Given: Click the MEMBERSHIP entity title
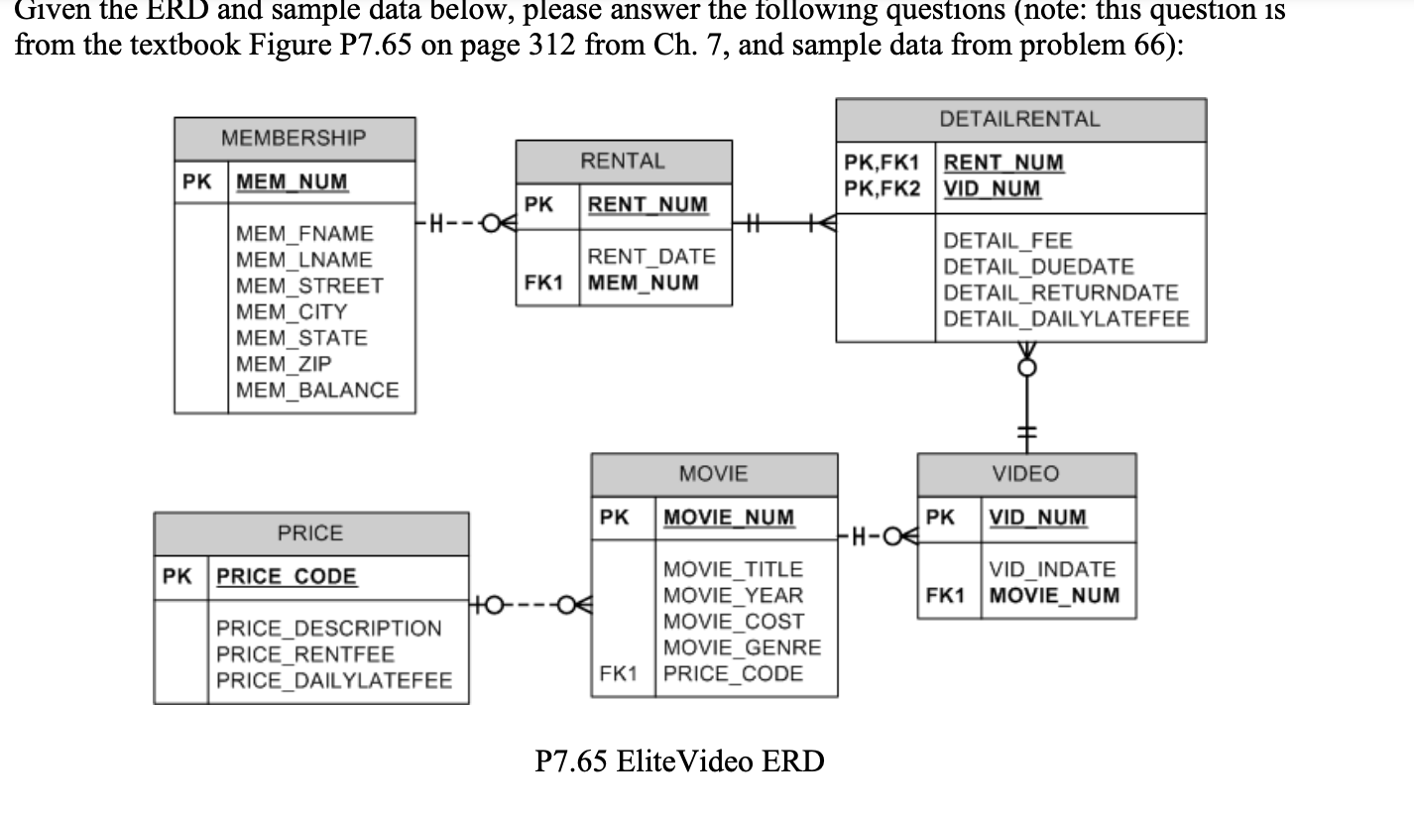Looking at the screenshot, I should coord(294,138).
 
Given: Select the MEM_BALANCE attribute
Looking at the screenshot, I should coord(317,390).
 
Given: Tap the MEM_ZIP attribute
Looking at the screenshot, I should coord(284,364).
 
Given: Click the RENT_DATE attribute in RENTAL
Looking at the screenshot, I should coord(650,257).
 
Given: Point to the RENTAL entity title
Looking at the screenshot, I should coord(623,161).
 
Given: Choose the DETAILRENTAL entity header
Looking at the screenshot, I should coord(1020,119).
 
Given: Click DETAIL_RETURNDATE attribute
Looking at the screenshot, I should coord(1061,292).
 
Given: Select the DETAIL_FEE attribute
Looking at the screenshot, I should coord(1007,241).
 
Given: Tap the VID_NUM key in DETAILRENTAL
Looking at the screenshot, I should coord(992,188).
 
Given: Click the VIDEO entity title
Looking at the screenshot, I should coord(1025,474).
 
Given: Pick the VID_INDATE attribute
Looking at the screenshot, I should coord(1052,569).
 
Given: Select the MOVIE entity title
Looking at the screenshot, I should coord(713,474).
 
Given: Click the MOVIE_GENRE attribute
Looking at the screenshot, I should coord(742,647).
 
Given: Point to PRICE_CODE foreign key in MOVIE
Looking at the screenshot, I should coord(733,674).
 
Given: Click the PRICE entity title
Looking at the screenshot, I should coord(309,533).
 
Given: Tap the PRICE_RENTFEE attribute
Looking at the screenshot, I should coord(305,654).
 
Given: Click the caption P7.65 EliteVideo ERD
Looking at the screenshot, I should coord(679,761).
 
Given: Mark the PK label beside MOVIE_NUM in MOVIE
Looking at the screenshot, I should coord(615,517).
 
